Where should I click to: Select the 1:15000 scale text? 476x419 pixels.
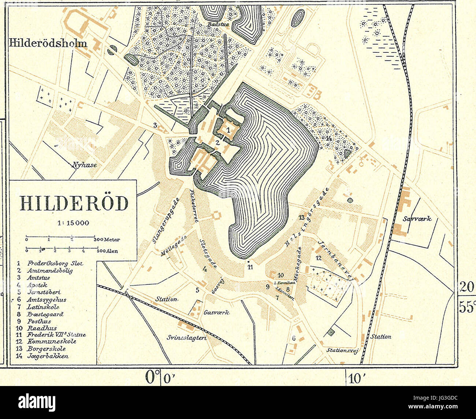click(x=74, y=223)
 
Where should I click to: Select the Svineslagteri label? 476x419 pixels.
click(x=186, y=338)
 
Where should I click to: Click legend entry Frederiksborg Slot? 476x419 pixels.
click(x=55, y=263)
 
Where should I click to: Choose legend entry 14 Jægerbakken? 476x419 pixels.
click(x=48, y=356)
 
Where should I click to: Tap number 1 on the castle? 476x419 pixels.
click(x=228, y=129)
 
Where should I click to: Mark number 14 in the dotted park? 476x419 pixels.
click(x=328, y=138)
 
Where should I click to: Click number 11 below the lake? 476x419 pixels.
click(x=250, y=267)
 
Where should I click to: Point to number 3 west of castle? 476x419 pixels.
click(x=155, y=125)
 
